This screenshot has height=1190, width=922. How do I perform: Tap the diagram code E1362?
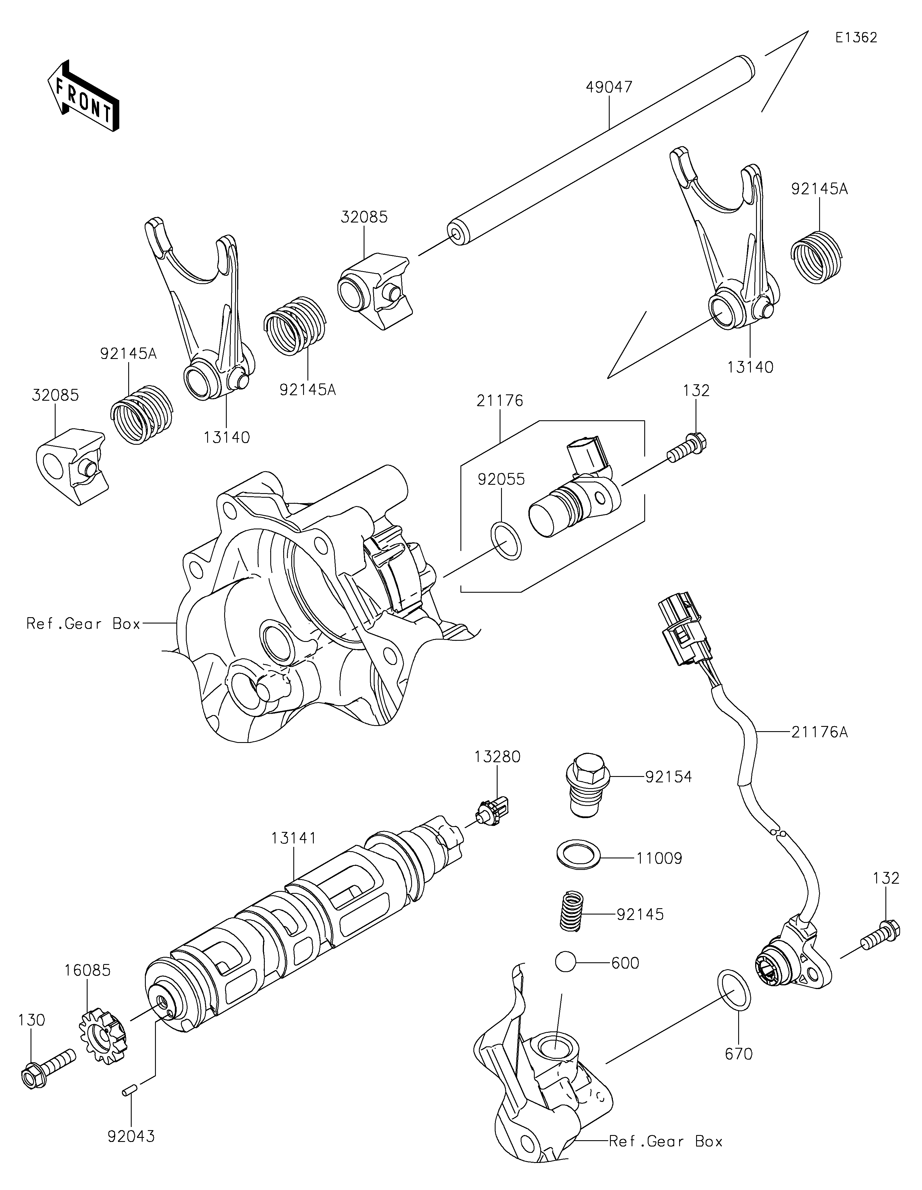pos(856,38)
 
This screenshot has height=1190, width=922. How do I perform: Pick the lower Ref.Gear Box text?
pos(665,1141)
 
